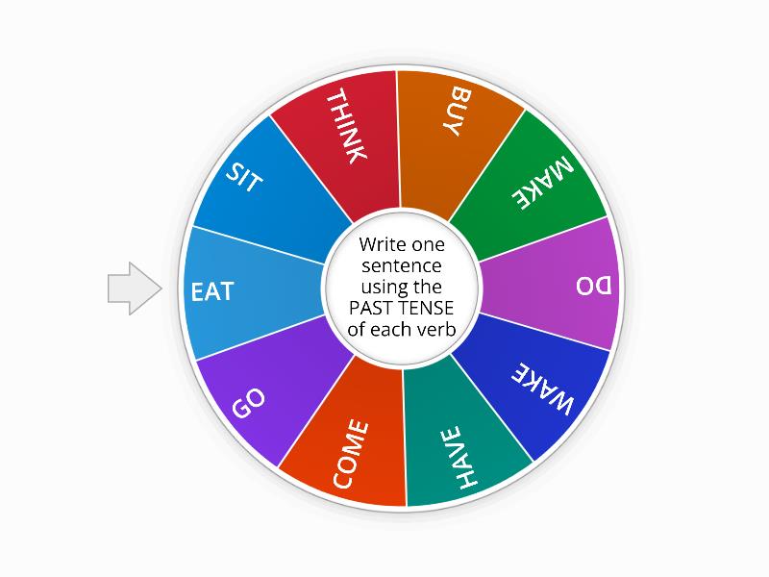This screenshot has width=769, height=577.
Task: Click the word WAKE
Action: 544,389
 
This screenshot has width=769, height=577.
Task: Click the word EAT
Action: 212,290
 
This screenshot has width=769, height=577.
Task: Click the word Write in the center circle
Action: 382,243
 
